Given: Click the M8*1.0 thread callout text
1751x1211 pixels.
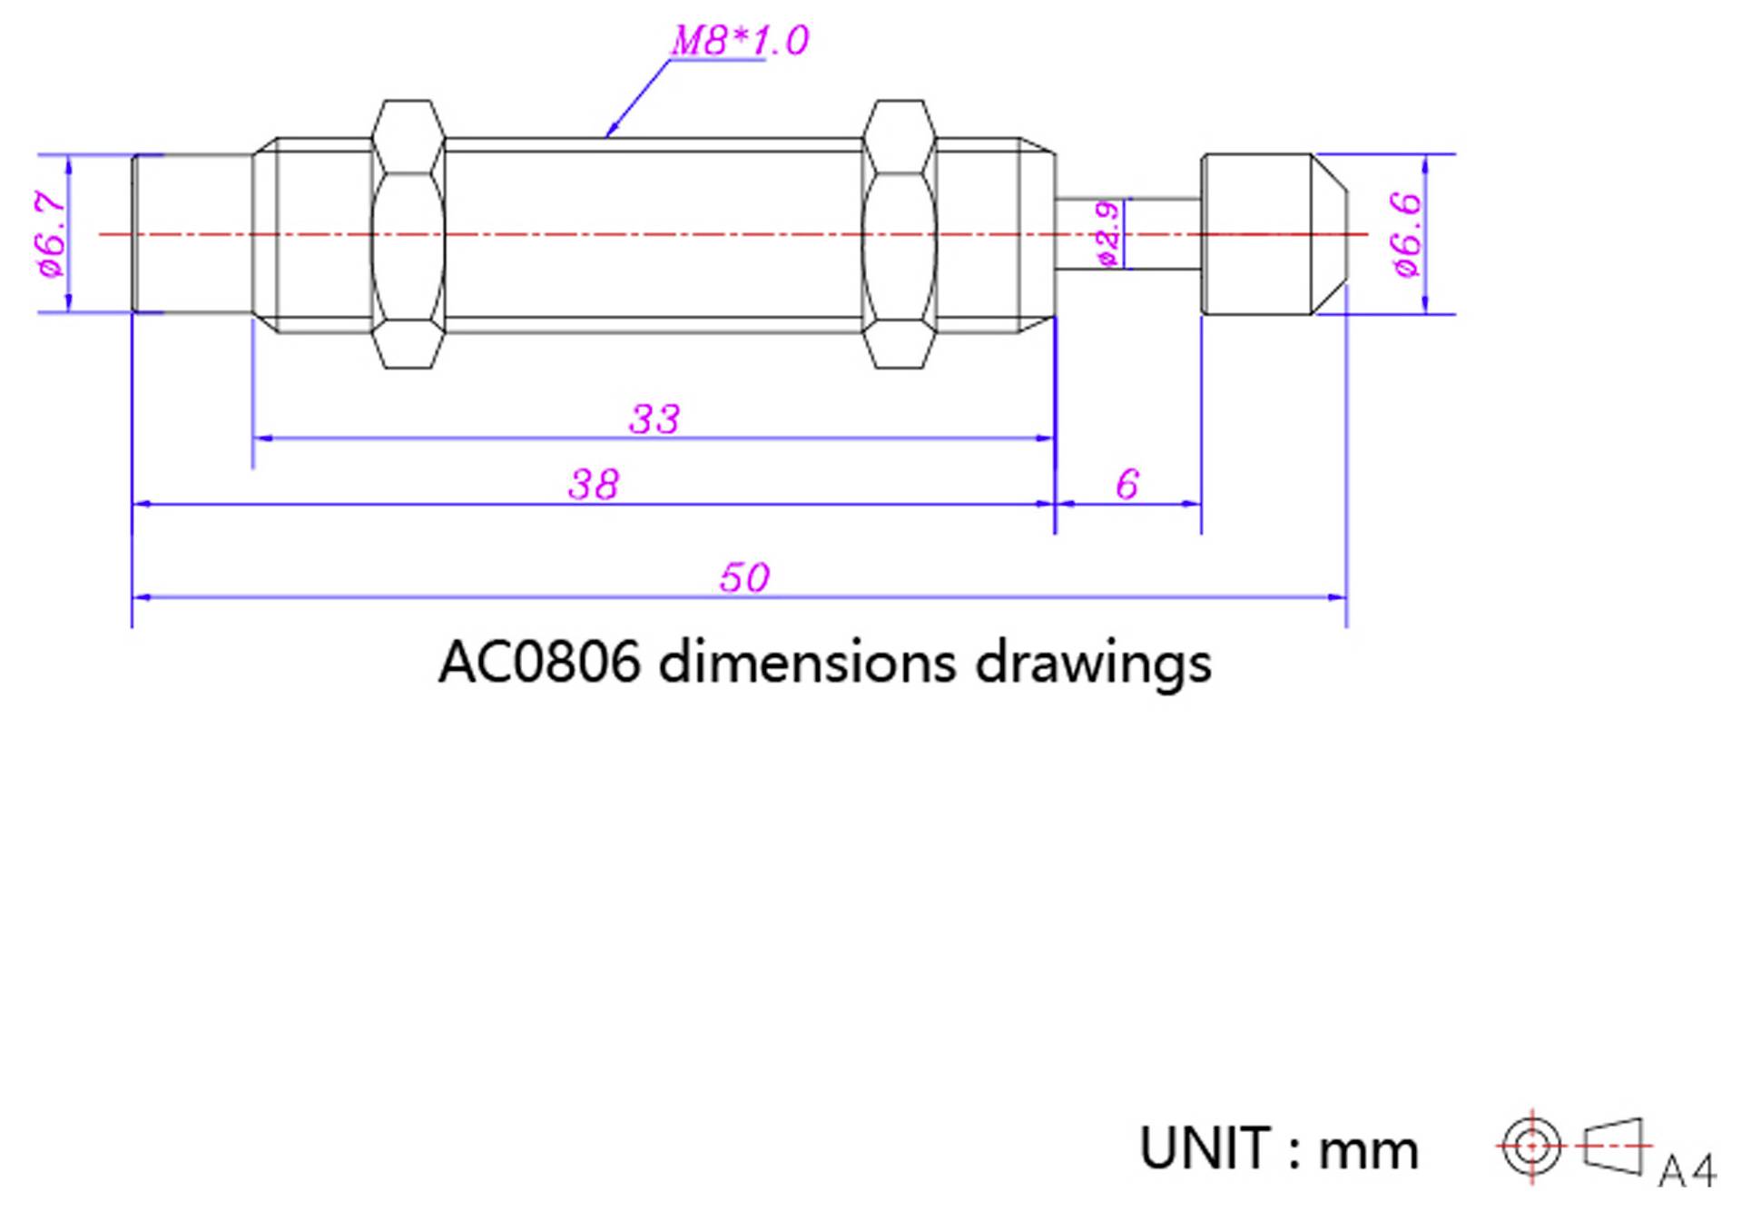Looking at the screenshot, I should coord(739,41).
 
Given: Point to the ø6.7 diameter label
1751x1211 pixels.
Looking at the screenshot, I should coord(52,233).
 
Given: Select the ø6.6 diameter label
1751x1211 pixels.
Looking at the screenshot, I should coord(1405,233).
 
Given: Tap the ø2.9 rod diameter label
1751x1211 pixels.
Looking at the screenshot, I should coord(1108,234).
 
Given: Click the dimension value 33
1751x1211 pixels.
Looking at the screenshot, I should coord(654,419).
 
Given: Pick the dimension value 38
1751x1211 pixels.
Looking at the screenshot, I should coord(594,485).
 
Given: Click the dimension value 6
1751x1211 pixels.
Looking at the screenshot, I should coord(1127,485).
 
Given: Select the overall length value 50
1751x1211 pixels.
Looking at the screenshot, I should coord(744,578).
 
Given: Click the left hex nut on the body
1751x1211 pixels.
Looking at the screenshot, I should coord(408,234).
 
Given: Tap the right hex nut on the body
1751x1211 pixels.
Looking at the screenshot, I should coord(899,234).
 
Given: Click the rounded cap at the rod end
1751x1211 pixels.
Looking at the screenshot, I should coord(1271,234).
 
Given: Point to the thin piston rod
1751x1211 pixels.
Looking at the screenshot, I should coord(1162,234).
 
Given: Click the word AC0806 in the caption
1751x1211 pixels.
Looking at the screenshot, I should coord(539,663).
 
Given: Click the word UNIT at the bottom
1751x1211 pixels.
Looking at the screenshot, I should coord(1205,1149).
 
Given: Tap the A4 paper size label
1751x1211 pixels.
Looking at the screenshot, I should coord(1687,1171).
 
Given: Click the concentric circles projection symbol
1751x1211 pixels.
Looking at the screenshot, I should coord(1531,1147).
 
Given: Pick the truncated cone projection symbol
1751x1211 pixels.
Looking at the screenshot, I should coord(1614,1147).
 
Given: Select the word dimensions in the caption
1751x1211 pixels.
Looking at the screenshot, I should coord(807,663).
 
